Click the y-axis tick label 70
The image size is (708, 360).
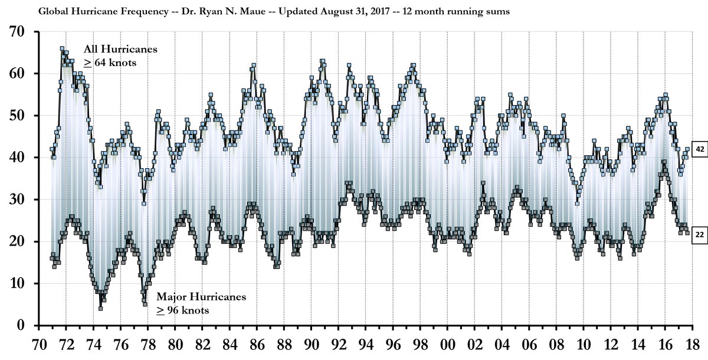coord(25,32)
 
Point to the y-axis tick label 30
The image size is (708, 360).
coord(25,199)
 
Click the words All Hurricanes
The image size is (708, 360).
coord(120,49)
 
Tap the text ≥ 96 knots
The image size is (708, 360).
coord(182,309)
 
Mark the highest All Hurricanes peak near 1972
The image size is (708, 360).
coord(62,49)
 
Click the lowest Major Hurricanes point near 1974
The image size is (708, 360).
coord(101,308)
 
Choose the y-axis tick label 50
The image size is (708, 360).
coord(25,116)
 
